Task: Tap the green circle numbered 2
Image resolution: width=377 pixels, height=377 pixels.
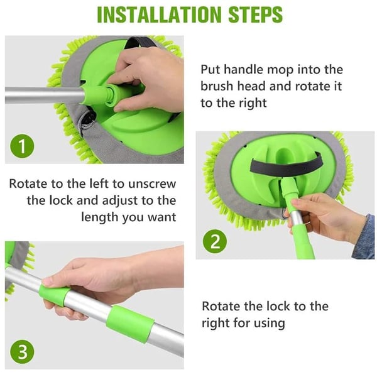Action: [x=216, y=241]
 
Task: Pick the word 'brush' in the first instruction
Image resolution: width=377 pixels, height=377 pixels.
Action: [x=217, y=86]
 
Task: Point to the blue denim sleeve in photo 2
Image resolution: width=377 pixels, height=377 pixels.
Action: [x=364, y=236]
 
